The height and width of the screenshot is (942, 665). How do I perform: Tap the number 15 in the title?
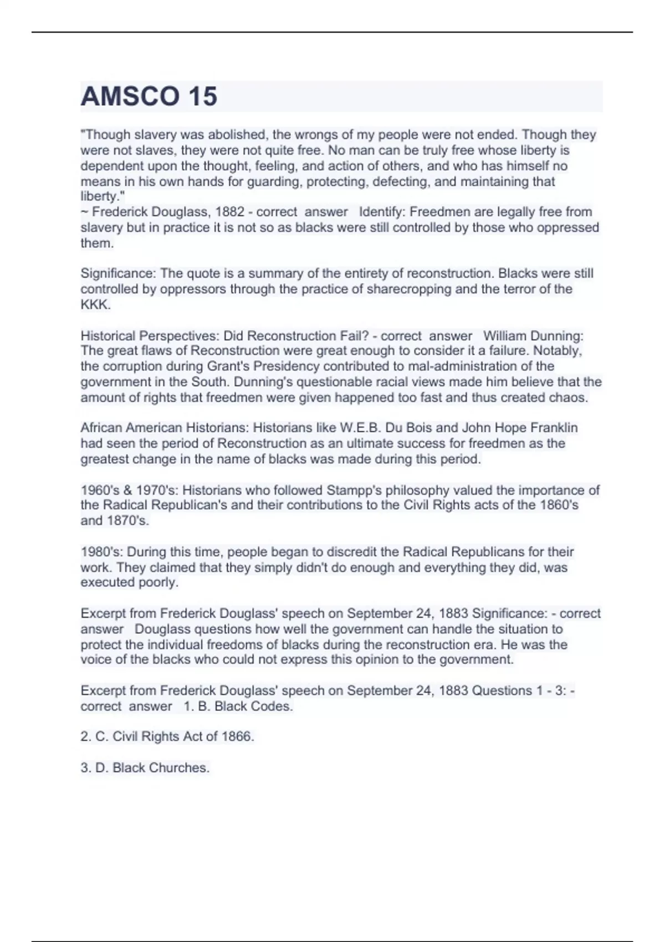point(202,96)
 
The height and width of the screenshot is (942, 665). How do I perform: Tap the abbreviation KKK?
point(95,304)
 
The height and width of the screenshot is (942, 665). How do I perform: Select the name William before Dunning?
point(505,336)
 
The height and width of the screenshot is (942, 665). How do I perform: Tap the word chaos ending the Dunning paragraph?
point(571,397)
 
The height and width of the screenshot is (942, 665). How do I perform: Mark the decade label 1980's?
point(102,552)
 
